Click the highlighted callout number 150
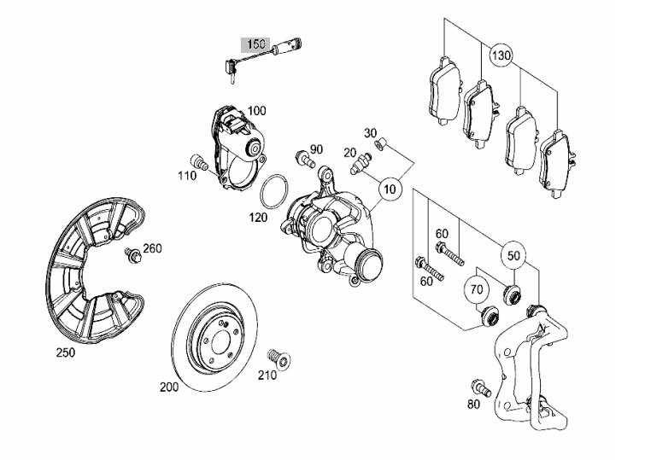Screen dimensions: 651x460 255,44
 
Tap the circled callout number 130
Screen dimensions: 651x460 501,55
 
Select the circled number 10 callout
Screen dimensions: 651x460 390,189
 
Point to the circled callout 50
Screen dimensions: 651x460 513,255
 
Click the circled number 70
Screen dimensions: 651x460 477,288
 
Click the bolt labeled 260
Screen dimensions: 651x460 133,255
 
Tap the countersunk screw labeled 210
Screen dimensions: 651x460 279,358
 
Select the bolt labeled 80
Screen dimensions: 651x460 481,387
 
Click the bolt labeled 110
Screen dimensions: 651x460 198,162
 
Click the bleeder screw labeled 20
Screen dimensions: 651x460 359,164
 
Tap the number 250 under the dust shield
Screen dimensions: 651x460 66,353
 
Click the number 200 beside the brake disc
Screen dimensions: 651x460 169,387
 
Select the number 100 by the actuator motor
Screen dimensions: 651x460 256,111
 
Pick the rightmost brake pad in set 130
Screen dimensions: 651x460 557,164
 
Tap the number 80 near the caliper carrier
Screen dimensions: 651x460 473,404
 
